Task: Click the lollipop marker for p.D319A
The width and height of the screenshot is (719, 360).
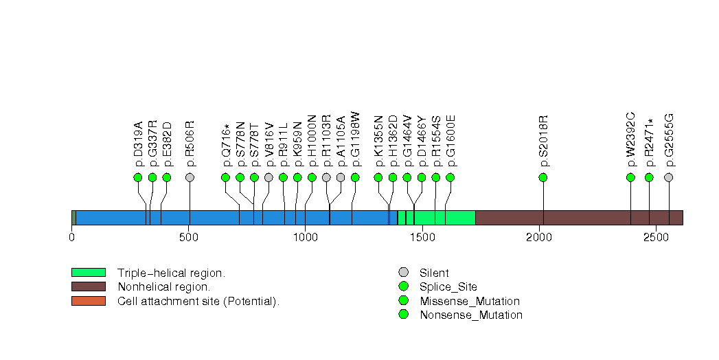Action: coord(138,177)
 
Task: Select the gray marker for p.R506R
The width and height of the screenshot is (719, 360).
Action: coord(190,177)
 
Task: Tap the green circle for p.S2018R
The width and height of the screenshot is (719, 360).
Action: coord(543,177)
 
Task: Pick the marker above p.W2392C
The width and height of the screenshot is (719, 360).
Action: coord(631,177)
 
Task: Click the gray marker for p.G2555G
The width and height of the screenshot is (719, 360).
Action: coord(669,177)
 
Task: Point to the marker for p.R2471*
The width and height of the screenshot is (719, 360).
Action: coord(650,177)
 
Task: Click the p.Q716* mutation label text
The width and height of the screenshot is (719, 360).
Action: coord(227,146)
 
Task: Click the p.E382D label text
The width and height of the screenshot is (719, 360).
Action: coord(167,144)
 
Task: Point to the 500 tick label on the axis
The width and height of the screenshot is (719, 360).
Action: coord(189,238)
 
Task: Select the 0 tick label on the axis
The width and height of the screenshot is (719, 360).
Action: coord(72,238)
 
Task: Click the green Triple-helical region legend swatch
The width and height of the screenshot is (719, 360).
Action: coord(88,273)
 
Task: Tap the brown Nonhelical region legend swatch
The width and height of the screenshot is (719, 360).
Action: coord(88,286)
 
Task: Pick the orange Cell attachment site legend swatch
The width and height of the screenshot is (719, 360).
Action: coord(88,301)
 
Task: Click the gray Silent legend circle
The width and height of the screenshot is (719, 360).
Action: coord(403,273)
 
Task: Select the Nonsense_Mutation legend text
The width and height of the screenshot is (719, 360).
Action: coord(471,315)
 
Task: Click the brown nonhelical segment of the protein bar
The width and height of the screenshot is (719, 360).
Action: coord(578,218)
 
